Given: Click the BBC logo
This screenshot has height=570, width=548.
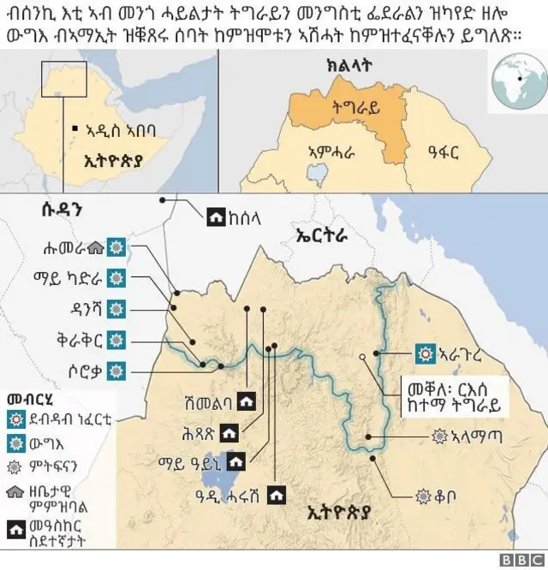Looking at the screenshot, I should (x=524, y=559).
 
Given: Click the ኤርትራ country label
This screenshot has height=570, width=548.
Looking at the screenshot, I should (x=320, y=232).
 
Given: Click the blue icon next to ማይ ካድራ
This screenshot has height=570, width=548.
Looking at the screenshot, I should (x=116, y=277).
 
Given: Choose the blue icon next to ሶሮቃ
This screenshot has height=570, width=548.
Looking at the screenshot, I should (x=116, y=370).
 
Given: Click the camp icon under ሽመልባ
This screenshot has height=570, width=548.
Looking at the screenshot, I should (x=247, y=401).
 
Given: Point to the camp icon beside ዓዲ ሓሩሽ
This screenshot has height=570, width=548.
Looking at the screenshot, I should (x=276, y=494).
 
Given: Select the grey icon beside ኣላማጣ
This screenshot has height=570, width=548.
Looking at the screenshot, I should (x=440, y=436).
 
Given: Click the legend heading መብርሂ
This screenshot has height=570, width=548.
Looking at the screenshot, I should (x=27, y=399).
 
